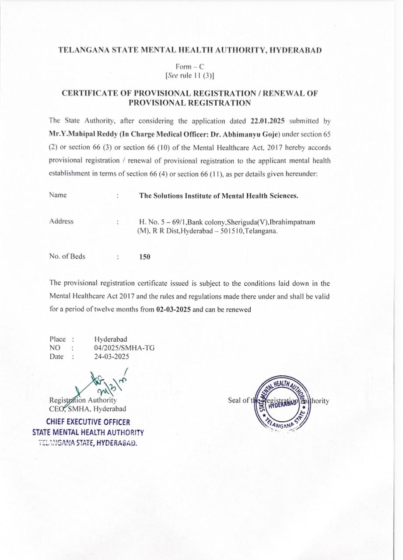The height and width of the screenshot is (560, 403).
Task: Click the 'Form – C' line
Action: click(x=189, y=66)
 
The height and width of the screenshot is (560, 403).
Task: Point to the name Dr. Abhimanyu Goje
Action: click(x=245, y=134)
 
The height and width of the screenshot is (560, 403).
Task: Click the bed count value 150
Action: click(x=144, y=257)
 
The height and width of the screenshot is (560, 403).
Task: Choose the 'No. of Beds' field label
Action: click(x=67, y=257)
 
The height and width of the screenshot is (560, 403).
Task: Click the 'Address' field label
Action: click(x=62, y=221)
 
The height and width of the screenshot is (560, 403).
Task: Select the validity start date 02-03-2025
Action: click(x=173, y=310)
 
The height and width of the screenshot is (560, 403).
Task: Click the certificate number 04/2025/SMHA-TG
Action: click(x=124, y=348)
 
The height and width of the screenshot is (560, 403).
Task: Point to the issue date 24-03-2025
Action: click(x=112, y=357)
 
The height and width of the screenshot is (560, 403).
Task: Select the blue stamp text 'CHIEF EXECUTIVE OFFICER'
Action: click(x=88, y=422)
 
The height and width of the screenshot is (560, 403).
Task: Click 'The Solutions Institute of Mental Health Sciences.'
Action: click(x=218, y=196)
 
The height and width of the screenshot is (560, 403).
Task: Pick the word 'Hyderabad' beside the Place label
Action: click(x=111, y=339)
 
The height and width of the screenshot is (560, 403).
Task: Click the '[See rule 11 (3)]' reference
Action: click(x=189, y=76)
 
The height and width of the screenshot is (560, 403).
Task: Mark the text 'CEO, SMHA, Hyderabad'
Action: click(x=88, y=409)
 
